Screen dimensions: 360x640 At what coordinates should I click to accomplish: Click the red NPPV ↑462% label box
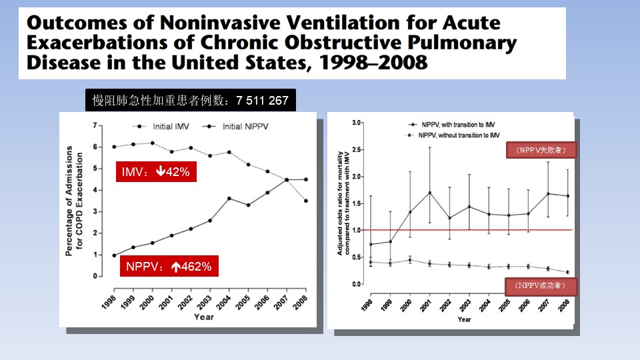[x=169, y=267]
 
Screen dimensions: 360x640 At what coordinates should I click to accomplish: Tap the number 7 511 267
[x=262, y=101]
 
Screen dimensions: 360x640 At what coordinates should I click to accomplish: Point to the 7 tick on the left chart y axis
[x=96, y=125]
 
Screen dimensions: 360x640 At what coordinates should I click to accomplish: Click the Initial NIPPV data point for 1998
[x=114, y=255]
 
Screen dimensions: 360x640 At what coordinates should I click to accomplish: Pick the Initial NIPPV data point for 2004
[x=230, y=199]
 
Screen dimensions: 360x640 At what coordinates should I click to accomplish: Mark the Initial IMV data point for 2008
[x=306, y=201]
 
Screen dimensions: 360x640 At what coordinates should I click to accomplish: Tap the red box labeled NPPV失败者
[x=541, y=151]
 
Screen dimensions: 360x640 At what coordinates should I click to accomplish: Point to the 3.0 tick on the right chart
[x=355, y=123]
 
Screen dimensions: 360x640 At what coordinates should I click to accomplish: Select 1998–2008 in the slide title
[x=376, y=63]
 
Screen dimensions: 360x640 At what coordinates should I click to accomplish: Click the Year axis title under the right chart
[x=464, y=319]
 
